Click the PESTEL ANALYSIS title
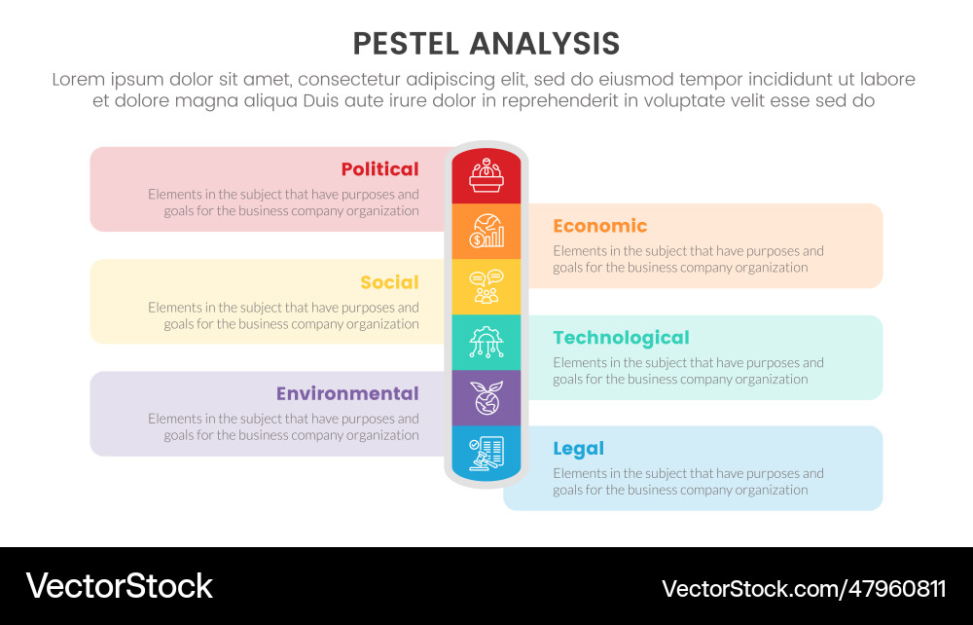pos(486,44)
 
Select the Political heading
pos(379,169)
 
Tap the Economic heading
pos(599,226)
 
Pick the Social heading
pos(389,282)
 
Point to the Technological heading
pos(621,338)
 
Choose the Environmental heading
pos(347,393)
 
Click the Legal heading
pos(578,449)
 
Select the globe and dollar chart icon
pos(486,231)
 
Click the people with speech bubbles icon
pos(486,286)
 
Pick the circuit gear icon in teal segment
pos(486,342)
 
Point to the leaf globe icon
pos(486,397)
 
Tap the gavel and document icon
pos(486,453)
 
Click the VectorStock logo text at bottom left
pos(119,586)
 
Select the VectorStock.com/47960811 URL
pos(803,588)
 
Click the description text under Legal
pos(688,482)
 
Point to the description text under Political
pos(284,202)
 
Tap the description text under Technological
pos(688,371)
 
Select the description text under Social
pos(284,315)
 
